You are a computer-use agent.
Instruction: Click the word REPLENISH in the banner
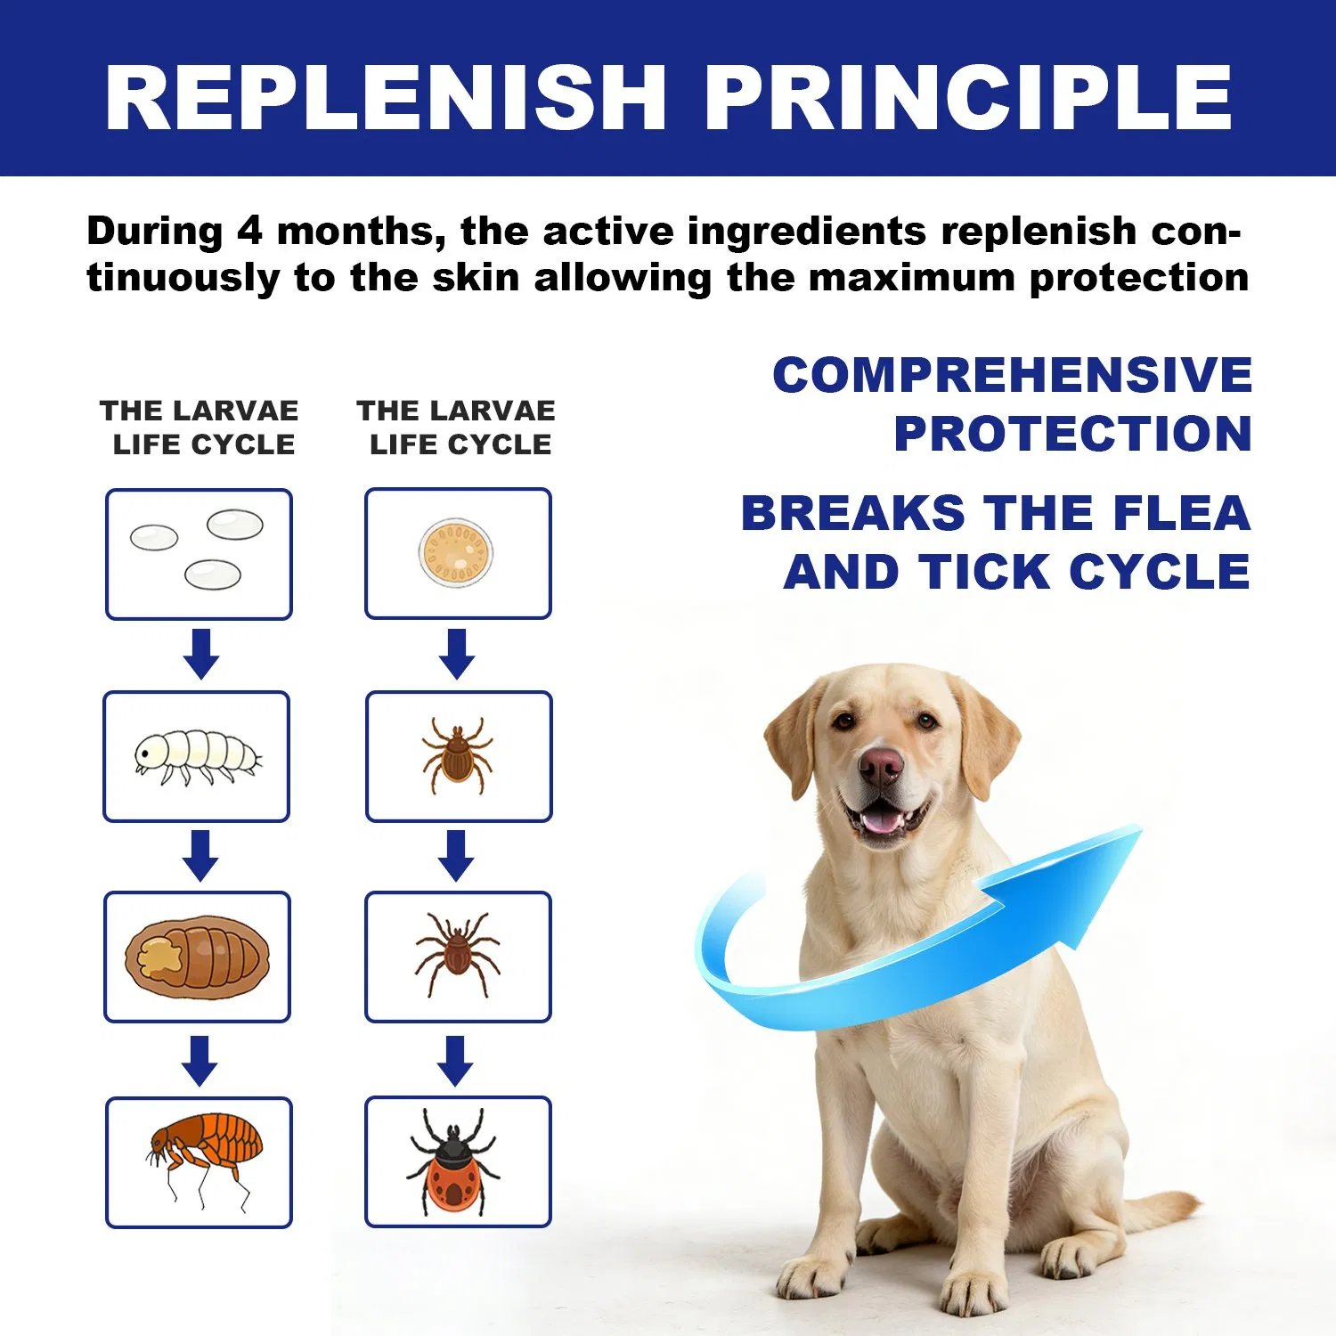tap(385, 98)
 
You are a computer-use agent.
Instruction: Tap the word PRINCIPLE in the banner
tap(968, 98)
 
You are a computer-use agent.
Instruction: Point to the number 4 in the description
tap(249, 232)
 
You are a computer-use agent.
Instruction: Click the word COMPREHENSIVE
tap(1013, 375)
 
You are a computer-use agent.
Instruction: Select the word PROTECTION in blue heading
tap(1073, 434)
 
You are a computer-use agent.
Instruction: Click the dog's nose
tap(881, 763)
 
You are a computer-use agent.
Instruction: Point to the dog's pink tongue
tap(882, 819)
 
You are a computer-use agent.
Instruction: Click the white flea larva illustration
tap(197, 756)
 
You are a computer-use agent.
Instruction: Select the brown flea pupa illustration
tap(197, 957)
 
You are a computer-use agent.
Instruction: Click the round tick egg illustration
tap(456, 552)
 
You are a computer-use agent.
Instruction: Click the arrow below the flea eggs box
tap(201, 654)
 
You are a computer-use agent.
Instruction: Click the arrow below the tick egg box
tap(457, 654)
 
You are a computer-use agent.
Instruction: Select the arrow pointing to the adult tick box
tap(455, 1060)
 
